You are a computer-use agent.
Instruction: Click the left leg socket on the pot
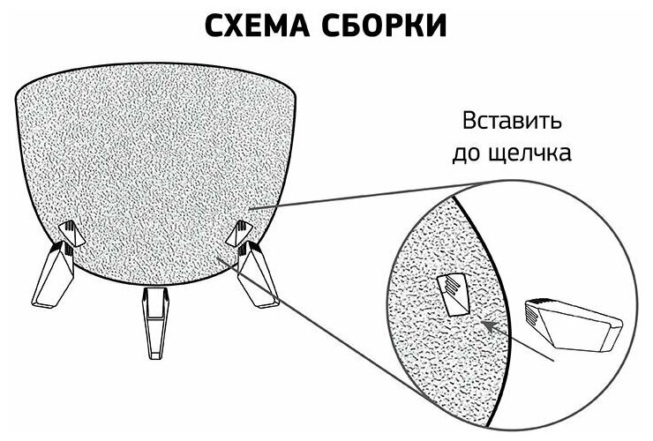69,233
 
